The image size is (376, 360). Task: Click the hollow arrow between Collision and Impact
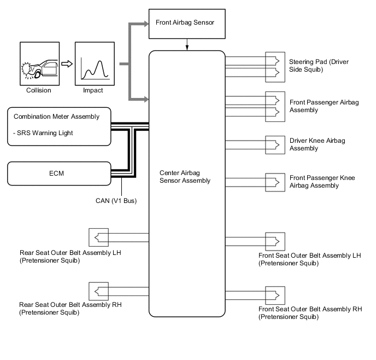(66, 64)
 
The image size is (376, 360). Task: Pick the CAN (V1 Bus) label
(115, 201)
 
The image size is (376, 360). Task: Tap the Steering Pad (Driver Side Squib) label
(319, 66)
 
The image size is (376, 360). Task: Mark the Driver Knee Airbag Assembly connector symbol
(274, 144)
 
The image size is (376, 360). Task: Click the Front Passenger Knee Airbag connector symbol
(274, 182)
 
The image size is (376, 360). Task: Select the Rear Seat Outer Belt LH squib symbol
(98, 237)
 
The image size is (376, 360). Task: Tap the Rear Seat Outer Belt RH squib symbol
(98, 290)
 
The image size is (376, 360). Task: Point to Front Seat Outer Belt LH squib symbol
(274, 241)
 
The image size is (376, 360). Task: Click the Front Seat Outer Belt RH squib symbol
(274, 294)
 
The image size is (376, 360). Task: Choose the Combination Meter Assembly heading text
(56, 116)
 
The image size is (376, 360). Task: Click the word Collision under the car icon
(38, 90)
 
